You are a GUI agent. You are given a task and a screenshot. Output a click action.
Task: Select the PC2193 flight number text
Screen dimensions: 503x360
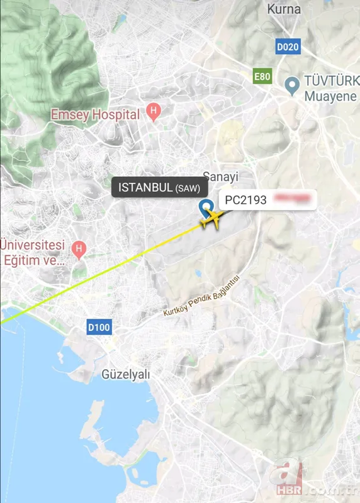click(x=246, y=200)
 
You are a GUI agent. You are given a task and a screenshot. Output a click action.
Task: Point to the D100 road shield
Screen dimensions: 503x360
click(x=99, y=327)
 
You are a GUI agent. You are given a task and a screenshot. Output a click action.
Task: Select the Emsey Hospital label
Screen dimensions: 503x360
click(x=95, y=114)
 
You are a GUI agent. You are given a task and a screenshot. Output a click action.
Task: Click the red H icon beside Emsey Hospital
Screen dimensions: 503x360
click(x=152, y=113)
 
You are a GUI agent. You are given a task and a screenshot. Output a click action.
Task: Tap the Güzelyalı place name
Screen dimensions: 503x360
click(x=126, y=375)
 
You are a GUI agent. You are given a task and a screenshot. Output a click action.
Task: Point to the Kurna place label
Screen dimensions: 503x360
click(x=284, y=9)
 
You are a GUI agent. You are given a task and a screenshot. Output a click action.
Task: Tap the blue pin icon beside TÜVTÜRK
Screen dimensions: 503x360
click(x=291, y=85)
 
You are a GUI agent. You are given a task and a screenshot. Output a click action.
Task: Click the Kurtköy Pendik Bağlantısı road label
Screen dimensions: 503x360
click(x=201, y=297)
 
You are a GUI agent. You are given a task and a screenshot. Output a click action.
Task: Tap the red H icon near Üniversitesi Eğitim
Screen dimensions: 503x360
click(x=79, y=250)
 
